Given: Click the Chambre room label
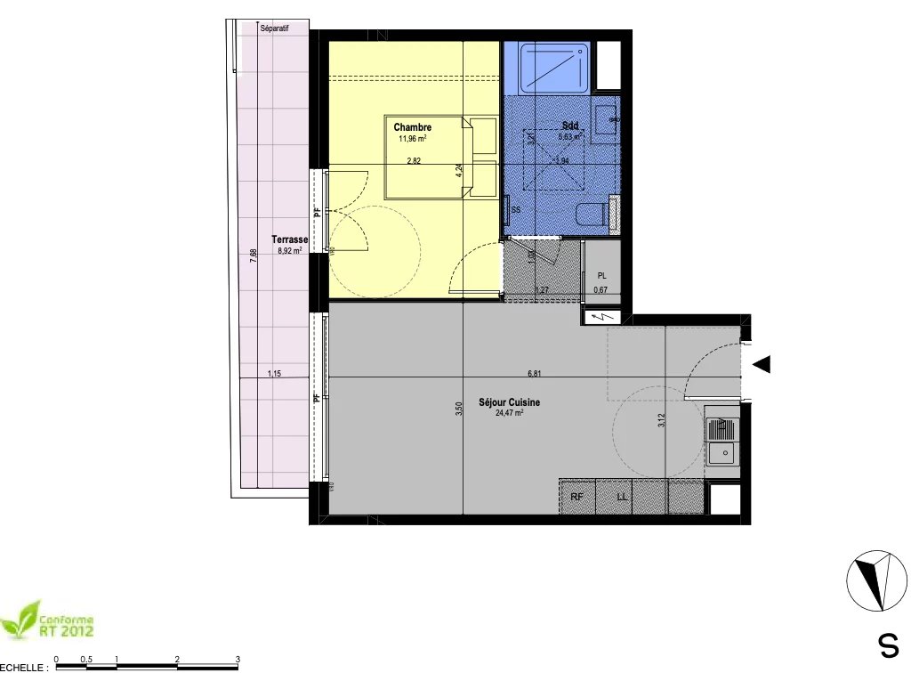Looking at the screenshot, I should pyautogui.click(x=413, y=127).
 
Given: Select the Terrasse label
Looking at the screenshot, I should pyautogui.click(x=290, y=240).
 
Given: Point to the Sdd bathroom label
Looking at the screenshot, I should pyautogui.click(x=570, y=126).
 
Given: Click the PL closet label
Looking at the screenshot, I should pyautogui.click(x=601, y=276).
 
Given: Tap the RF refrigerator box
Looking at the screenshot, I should pyautogui.click(x=576, y=498).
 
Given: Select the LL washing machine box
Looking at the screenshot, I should pyautogui.click(x=623, y=498).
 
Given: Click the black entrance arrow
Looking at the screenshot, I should pyautogui.click(x=762, y=364).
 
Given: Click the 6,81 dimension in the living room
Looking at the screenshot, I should pyautogui.click(x=534, y=373).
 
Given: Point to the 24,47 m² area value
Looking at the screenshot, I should pyautogui.click(x=509, y=412).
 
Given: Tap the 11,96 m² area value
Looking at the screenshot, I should pyautogui.click(x=414, y=138).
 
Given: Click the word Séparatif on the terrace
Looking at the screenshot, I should pyautogui.click(x=275, y=28).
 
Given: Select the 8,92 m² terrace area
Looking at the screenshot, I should pyautogui.click(x=290, y=251).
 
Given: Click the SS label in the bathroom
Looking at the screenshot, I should pyautogui.click(x=516, y=210).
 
